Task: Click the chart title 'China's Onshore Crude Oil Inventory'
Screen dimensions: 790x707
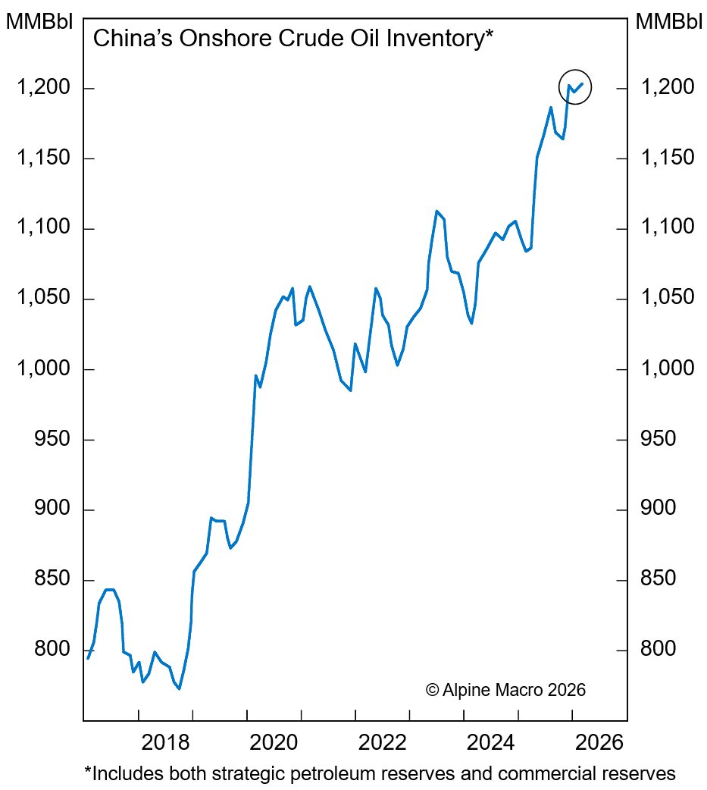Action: [292, 39]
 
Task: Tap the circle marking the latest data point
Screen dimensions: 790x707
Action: [574, 88]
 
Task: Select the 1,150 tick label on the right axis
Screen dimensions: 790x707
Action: [667, 158]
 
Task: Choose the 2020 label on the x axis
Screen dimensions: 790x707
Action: [274, 741]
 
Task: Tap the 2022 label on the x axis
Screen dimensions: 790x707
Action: [383, 741]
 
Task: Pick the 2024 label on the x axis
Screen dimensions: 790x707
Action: [491, 741]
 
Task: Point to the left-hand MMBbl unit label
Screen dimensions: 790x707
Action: [39, 21]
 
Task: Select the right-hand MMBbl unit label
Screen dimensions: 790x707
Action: [669, 21]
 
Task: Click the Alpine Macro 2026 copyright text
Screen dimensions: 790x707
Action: [506, 690]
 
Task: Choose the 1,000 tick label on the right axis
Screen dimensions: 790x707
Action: [667, 369]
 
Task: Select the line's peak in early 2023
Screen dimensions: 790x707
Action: [437, 211]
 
